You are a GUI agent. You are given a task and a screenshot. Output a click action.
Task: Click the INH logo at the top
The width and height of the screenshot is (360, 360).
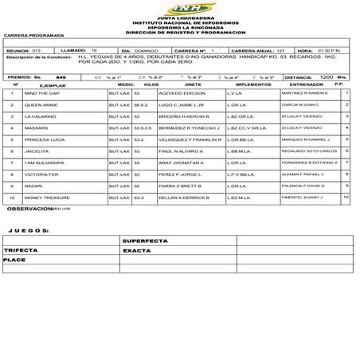(x=179, y=7)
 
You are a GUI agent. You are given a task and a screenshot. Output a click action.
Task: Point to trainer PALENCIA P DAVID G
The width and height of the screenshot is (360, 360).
(x=303, y=185)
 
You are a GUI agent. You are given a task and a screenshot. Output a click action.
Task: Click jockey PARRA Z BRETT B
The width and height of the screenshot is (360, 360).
(x=179, y=185)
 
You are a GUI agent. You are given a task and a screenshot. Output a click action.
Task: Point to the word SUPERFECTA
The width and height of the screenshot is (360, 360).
(x=144, y=240)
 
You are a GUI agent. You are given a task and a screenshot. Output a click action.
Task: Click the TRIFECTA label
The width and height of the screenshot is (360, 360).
(x=22, y=250)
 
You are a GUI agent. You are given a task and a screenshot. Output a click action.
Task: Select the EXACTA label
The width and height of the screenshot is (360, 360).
(x=136, y=250)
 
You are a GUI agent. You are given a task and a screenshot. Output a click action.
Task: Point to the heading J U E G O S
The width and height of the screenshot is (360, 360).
(x=29, y=229)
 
